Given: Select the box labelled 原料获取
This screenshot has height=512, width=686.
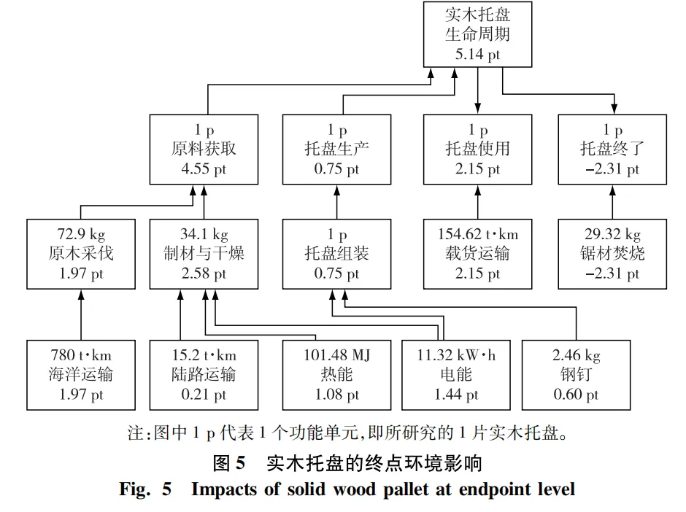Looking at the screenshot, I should (204, 149).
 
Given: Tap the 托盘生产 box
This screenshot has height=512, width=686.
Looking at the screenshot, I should (336, 149).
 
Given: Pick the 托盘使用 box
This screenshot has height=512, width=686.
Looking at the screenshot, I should (478, 149).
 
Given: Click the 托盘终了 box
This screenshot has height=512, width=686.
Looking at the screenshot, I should (612, 149).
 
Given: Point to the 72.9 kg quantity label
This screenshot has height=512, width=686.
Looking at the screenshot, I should (81, 235).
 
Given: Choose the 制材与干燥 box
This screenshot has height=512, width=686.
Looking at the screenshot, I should (204, 254).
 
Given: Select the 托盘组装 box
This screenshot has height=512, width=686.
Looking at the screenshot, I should (336, 254).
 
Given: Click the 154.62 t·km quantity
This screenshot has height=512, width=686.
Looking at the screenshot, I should (478, 235).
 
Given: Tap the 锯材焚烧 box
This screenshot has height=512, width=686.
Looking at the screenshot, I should (612, 254).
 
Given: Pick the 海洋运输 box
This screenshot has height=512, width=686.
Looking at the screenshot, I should (81, 375).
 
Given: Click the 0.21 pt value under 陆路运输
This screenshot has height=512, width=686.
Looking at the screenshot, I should (204, 395).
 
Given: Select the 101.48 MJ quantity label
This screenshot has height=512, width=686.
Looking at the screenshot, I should (336, 356).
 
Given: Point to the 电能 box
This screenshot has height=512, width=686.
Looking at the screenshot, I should (456, 375).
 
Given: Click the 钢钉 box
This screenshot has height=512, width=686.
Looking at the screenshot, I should (577, 375).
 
